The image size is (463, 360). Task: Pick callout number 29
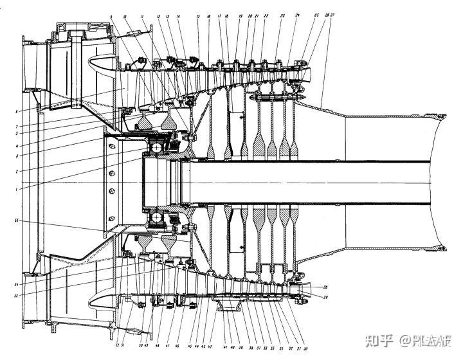coord(325,297)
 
